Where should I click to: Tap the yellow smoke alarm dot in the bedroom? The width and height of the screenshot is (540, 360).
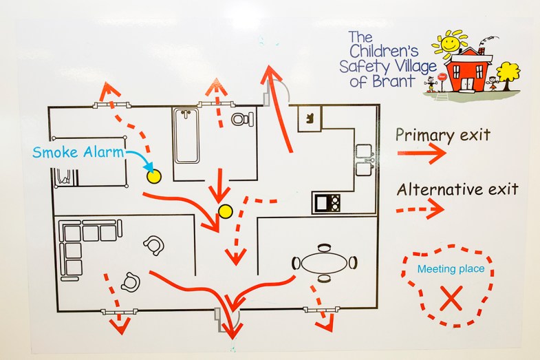click(x=153, y=177)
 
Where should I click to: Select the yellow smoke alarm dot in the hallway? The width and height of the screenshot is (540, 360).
click(x=224, y=211)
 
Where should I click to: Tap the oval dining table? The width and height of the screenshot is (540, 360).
click(x=325, y=263)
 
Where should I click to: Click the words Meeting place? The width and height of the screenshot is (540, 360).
click(x=451, y=269)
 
